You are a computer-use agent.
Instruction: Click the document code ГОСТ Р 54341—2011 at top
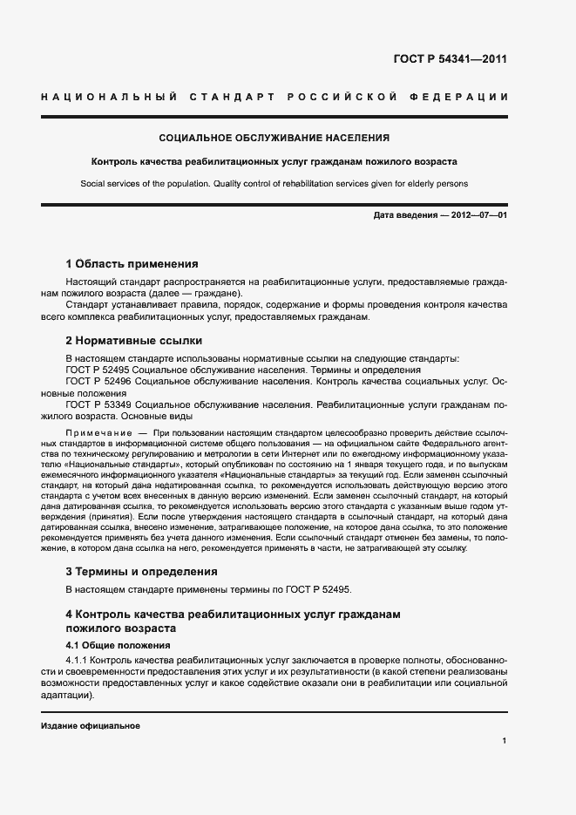coord(444,60)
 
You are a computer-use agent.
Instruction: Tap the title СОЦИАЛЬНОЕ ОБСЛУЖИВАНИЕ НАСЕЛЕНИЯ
coord(274,138)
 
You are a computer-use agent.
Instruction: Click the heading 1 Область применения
coord(132,263)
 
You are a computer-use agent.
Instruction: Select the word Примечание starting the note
coord(95,433)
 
